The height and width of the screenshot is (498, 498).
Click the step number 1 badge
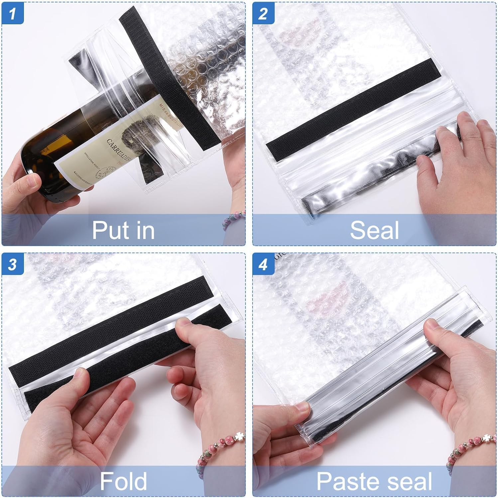point(13,14)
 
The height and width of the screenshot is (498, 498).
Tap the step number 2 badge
point(263,14)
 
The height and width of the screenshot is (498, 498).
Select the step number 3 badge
point(13,265)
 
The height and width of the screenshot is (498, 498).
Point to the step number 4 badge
point(263,265)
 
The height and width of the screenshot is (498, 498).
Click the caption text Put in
point(123,230)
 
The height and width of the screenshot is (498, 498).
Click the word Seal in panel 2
point(374,230)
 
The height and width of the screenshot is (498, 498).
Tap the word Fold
point(123,481)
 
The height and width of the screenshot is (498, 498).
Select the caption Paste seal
point(374,481)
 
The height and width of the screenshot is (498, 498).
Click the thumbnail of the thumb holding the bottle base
point(33,181)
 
